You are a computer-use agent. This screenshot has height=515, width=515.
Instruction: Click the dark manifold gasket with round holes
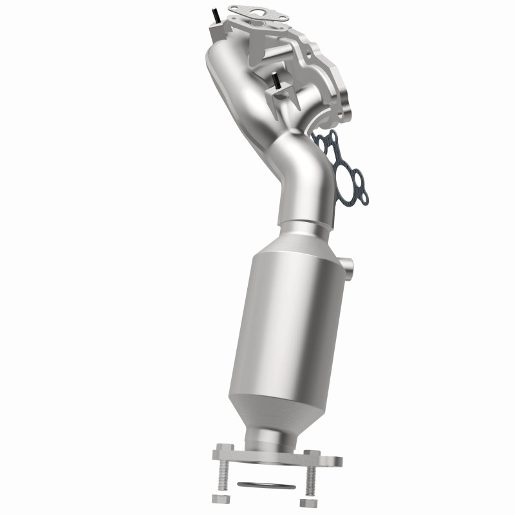pyautogui.click(x=338, y=167)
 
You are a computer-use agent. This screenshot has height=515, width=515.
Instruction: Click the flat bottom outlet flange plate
pyautogui.click(x=277, y=458)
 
